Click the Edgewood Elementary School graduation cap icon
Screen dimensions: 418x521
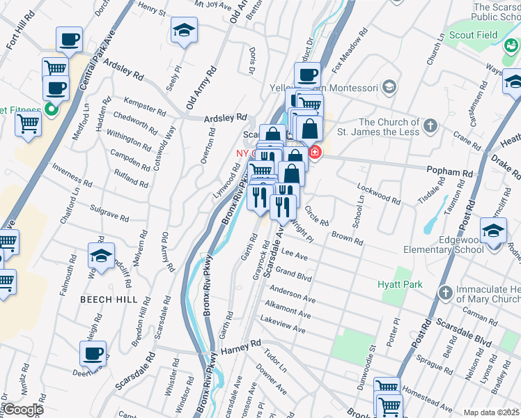click(494, 231)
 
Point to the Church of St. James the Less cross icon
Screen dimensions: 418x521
click(431, 125)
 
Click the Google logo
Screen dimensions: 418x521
click(22, 410)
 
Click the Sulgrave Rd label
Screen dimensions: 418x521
click(109, 212)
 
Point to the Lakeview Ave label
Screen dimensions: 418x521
click(282, 323)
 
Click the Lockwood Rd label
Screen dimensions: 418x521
click(378, 192)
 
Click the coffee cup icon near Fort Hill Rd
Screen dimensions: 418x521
click(69, 39)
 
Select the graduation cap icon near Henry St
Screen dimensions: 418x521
click(184, 30)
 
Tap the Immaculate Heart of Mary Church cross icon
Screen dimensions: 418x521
click(445, 292)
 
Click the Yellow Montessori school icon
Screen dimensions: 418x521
click(389, 88)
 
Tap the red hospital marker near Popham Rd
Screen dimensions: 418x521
click(315, 152)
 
